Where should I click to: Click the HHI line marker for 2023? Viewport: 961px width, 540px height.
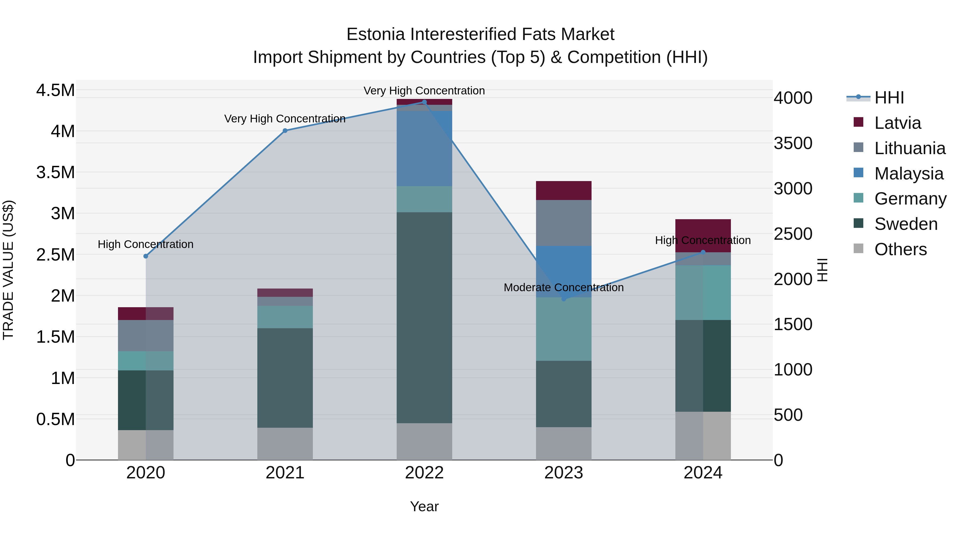[564, 299]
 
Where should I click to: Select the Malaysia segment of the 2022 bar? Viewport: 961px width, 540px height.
[424, 148]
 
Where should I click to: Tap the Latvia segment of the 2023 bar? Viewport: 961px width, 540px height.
[564, 190]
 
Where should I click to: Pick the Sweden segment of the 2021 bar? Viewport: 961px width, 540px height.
[285, 378]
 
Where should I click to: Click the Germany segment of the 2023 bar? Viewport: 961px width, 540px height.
[564, 329]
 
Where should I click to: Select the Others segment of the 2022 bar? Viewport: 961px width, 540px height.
[424, 441]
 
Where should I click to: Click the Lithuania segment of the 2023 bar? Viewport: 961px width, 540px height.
[564, 223]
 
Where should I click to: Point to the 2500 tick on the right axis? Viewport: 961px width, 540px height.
[793, 234]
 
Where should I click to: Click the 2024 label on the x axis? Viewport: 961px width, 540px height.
[703, 473]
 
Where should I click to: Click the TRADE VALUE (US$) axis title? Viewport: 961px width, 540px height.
[8, 270]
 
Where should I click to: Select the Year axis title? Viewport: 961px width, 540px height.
[424, 506]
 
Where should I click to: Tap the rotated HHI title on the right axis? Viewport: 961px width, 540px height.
[822, 270]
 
